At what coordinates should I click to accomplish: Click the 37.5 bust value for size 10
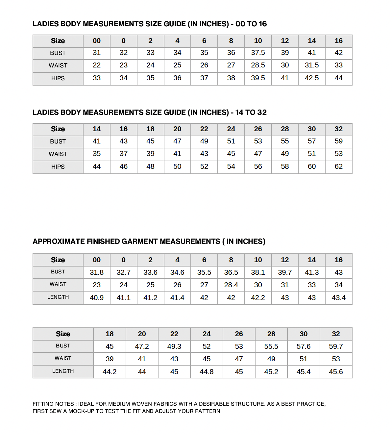pyautogui.click(x=258, y=53)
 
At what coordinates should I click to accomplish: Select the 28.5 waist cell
pyautogui.click(x=258, y=65)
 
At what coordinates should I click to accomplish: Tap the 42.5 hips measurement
pyautogui.click(x=311, y=78)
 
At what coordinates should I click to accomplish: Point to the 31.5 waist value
pyautogui.click(x=311, y=65)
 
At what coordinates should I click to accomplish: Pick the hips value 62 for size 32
pyautogui.click(x=338, y=166)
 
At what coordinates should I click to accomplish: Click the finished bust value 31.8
pyautogui.click(x=96, y=272)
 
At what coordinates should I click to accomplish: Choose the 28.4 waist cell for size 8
pyautogui.click(x=231, y=285)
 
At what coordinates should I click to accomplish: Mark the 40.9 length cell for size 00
pyautogui.click(x=96, y=298)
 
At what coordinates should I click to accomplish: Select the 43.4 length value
pyautogui.click(x=338, y=298)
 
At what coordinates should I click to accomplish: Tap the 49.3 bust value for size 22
pyautogui.click(x=174, y=346)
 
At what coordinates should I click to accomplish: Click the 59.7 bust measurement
pyautogui.click(x=336, y=346)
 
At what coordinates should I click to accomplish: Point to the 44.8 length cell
pyautogui.click(x=206, y=372)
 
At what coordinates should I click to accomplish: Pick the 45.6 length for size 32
pyautogui.click(x=336, y=372)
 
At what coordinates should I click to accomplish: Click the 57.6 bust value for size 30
pyautogui.click(x=303, y=346)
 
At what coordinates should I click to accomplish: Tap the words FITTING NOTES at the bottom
pyautogui.click(x=53, y=404)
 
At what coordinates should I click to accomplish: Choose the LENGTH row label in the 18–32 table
pyautogui.click(x=63, y=371)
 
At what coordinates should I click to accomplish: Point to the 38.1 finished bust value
pyautogui.click(x=258, y=272)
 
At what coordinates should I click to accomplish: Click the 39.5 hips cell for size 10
pyautogui.click(x=258, y=78)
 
